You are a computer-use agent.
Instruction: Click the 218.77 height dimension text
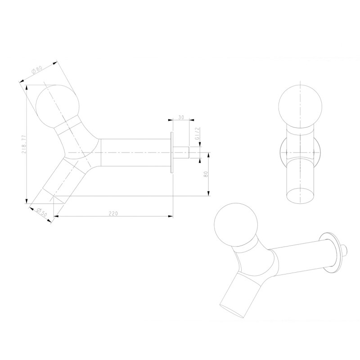[24, 144]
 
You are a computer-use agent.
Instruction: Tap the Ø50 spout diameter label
[42, 212]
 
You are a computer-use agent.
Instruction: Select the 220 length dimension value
[113, 213]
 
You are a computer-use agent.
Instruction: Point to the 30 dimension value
[181, 117]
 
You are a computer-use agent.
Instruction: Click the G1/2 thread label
[197, 134]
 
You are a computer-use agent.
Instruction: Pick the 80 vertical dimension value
[206, 174]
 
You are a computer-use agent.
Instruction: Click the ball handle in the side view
[57, 107]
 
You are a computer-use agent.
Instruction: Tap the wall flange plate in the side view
[172, 153]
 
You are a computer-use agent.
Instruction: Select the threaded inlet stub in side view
[181, 153]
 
